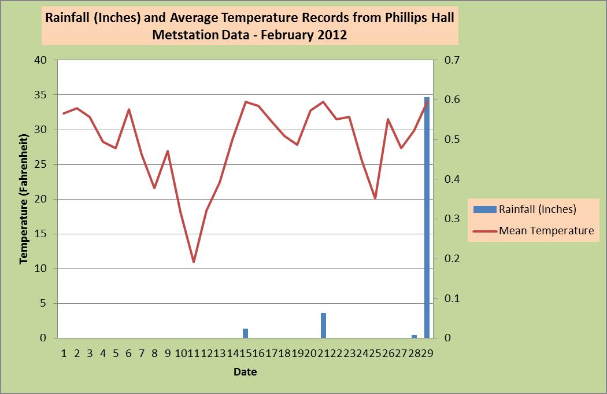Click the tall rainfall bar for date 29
coord(427,220)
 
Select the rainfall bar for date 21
coord(323,326)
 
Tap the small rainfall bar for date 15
coord(245,333)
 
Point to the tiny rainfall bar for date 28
coord(414,336)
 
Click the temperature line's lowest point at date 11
coord(194,262)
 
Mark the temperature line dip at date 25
coord(375,198)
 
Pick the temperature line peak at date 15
coord(246,102)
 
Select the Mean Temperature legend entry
coord(546,230)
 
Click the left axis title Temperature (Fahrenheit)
coord(24,199)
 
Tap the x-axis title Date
coord(245,371)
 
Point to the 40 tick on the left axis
coord(40,60)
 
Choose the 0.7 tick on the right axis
coord(450,60)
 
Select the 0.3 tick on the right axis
coord(450,219)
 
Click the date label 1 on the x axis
coord(64,353)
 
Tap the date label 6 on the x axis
coord(128,353)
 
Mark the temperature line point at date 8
coord(154,188)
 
